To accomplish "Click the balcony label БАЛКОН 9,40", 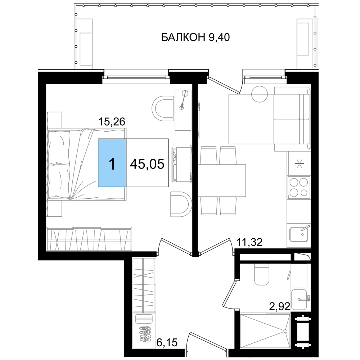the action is pos(195,37).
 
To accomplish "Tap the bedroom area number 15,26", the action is pos(112,122).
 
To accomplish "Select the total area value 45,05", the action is pos(147,164).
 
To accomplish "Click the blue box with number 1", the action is pos(112,163).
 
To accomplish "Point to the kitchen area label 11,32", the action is pos(249,242).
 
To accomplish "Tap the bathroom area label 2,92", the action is pos(280,306).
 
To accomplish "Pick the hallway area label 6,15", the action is pos(167,343).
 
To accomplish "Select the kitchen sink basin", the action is pos(299,234).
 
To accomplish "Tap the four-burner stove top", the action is pos(299,188).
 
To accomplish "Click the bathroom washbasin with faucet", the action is pos(299,300).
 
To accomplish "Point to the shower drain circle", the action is pos(285,331).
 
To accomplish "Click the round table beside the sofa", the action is pos(260,94).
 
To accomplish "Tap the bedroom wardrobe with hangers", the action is pos(89,239).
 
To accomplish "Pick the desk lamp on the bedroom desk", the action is pos(184,100).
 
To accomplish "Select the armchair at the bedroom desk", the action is pos(163,108).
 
